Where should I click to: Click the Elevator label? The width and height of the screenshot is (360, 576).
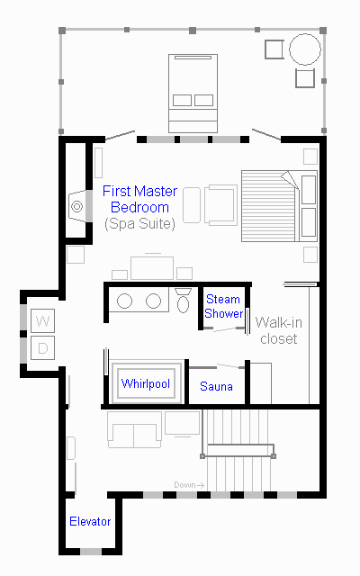pos(90,521)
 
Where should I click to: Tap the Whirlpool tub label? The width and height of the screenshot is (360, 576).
pos(146,383)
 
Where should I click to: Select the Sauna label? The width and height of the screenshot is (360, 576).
pos(216,386)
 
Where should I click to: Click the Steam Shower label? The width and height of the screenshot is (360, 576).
pos(223,306)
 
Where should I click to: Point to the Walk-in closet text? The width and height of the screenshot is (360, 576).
pos(279,330)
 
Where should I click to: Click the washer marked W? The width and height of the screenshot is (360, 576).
pos(42,320)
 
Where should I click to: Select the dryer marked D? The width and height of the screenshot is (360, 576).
pos(42,347)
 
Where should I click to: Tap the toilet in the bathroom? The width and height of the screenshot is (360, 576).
pos(183,301)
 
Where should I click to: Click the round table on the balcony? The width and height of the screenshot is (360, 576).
pos(305,49)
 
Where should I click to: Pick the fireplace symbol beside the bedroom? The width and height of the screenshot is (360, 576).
pos(77,206)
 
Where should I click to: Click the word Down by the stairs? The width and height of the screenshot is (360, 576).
pos(184,485)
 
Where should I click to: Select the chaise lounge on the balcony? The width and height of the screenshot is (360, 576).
pos(193,94)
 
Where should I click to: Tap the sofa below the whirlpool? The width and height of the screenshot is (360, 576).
pos(134,429)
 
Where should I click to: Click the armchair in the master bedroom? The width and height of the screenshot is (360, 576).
pos(220,205)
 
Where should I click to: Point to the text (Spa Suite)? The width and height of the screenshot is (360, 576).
pos(139,224)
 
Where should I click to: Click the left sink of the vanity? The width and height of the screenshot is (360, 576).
pos(124,301)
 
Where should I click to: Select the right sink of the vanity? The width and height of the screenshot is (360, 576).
pos(153,301)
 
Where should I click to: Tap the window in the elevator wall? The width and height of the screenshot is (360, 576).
pos(91,552)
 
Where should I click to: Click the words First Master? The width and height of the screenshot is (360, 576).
pos(139,191)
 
